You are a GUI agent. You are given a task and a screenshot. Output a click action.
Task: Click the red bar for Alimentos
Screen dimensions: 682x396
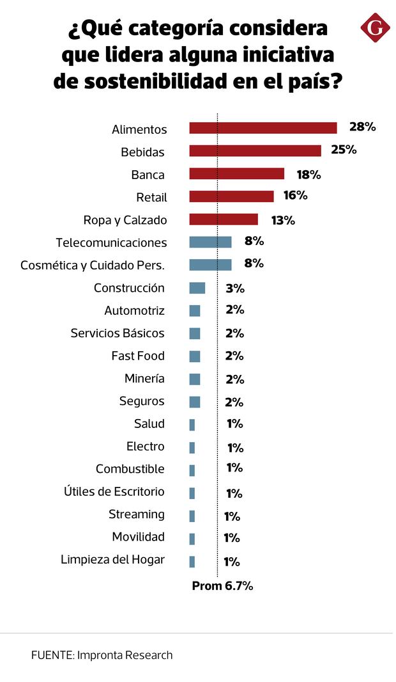coord(263,128)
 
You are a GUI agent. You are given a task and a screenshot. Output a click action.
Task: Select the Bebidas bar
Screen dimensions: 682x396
coord(255,151)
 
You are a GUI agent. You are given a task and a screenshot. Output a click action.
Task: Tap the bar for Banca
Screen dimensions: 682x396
coord(236,174)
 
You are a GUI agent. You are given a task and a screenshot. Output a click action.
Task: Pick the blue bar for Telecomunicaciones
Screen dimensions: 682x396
coord(210,242)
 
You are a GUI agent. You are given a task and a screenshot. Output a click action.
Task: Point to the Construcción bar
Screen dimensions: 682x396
coord(197,288)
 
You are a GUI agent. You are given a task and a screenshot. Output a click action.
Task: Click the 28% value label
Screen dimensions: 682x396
coord(362,127)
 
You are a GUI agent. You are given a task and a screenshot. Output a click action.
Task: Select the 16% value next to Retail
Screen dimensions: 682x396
coord(295,196)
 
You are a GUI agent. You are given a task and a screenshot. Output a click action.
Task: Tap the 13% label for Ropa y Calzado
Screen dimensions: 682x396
coord(283,220)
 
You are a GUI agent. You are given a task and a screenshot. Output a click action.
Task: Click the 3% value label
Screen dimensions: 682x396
coord(235,288)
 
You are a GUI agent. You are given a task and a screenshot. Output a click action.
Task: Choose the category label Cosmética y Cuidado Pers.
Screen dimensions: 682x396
coord(93,265)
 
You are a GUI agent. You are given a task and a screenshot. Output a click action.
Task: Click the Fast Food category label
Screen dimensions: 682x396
coord(137,356)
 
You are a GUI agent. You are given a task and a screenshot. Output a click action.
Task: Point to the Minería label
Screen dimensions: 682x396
coord(144,379)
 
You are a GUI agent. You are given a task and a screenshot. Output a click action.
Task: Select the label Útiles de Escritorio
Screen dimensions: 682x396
coord(114,491)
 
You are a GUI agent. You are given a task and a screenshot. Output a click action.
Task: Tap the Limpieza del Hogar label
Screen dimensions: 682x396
coord(112,559)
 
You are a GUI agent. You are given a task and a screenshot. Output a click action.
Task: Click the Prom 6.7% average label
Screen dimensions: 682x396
coord(222,585)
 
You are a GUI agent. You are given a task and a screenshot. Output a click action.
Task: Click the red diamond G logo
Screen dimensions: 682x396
coord(375,28)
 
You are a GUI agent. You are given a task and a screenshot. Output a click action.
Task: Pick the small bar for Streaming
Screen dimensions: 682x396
coord(192,516)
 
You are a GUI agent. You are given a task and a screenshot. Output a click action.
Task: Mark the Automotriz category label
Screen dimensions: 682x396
coord(134,311)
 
